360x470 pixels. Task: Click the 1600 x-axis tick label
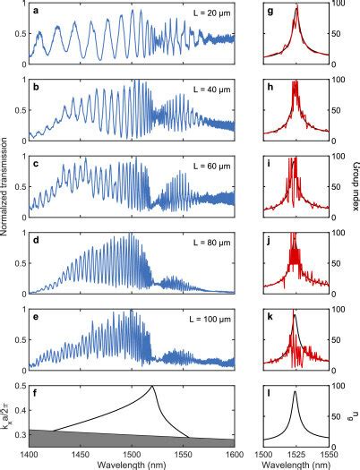coord(235,452)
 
